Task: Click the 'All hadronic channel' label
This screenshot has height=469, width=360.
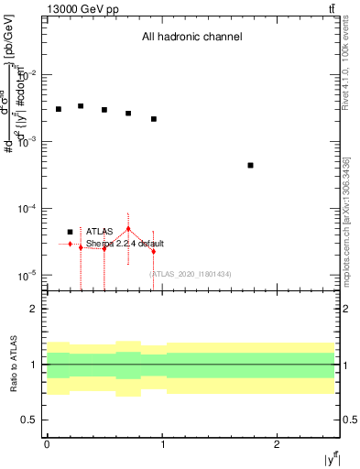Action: (x=191, y=38)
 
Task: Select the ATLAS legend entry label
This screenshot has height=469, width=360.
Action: (x=100, y=232)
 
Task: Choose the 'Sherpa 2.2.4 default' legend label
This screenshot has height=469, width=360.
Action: (x=125, y=244)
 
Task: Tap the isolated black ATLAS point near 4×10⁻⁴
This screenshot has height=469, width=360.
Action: (x=250, y=165)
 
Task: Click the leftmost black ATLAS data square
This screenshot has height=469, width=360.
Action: (x=58, y=109)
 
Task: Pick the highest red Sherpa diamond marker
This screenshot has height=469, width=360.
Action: (x=128, y=229)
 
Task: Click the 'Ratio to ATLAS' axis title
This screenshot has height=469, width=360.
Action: (x=14, y=364)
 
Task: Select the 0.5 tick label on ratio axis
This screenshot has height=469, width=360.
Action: (x=30, y=420)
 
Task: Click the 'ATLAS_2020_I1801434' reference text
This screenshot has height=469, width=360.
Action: (x=190, y=274)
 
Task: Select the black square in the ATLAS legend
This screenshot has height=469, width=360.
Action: (x=71, y=232)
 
